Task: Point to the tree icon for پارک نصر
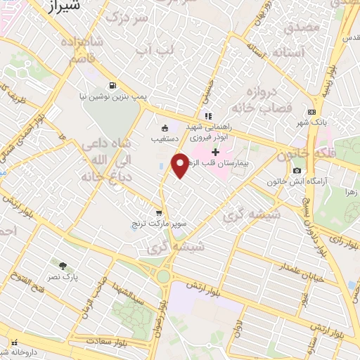63,265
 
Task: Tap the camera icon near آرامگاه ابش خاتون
297,171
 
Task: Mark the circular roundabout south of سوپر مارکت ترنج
163,275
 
